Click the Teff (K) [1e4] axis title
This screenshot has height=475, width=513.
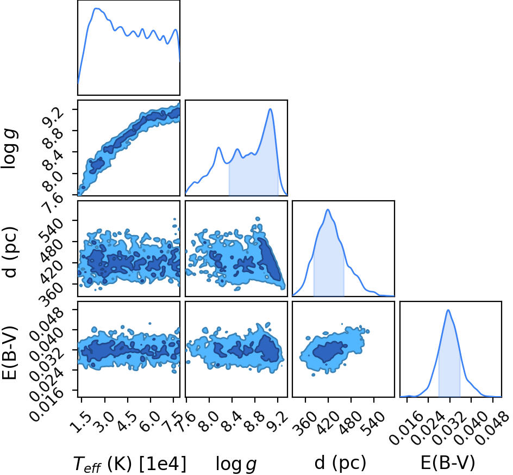coord(130,464)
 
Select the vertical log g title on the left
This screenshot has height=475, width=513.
coord(10,150)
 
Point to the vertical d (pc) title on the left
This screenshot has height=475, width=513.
coord(10,251)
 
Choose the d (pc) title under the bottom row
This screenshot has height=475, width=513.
coord(340,463)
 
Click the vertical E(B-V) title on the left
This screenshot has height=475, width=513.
coord(10,353)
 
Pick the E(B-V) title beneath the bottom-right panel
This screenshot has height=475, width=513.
coord(448,463)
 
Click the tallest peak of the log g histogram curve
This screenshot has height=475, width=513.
coord(270,109)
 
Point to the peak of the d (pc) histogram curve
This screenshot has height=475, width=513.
coord(328,209)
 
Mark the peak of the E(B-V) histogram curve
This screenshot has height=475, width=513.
coord(448,310)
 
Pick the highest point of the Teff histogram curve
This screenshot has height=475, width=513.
coord(97,9)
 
